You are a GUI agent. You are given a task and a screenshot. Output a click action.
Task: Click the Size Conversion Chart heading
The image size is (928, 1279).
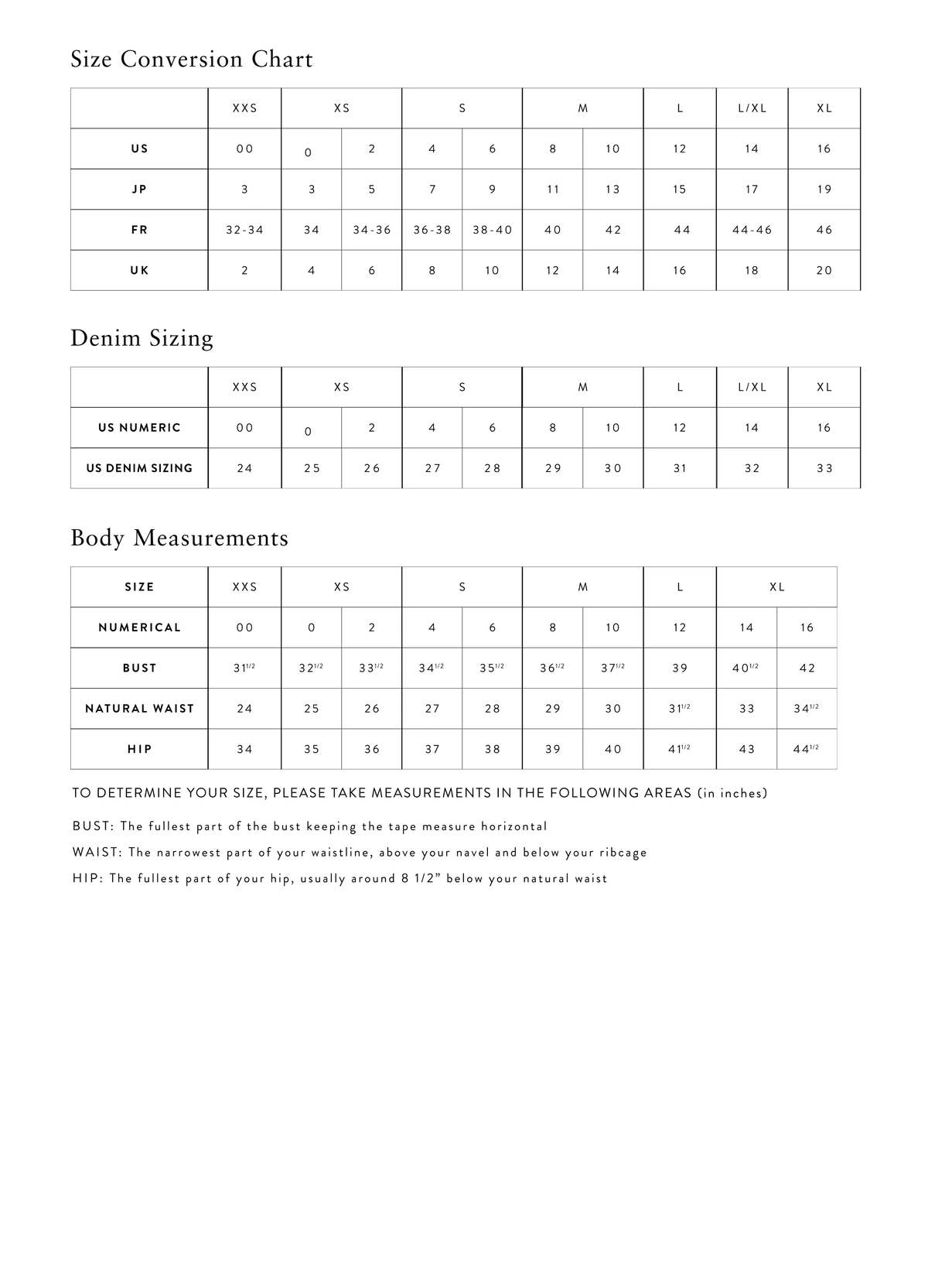tap(191, 60)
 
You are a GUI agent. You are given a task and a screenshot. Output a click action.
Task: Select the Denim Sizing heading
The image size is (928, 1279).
tap(142, 338)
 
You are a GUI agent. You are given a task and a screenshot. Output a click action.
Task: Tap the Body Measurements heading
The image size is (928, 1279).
tap(179, 538)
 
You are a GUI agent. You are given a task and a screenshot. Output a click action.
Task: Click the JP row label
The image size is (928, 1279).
tap(139, 190)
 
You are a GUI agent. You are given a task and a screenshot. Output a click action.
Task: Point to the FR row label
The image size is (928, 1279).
tap(139, 230)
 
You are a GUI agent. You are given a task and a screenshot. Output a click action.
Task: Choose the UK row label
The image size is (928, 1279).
tap(139, 270)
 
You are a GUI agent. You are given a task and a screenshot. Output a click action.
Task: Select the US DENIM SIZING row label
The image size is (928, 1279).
tap(139, 468)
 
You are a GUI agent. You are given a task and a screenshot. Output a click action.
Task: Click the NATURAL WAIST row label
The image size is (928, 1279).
tap(139, 709)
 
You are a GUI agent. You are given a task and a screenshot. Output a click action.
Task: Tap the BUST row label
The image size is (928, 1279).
tap(139, 668)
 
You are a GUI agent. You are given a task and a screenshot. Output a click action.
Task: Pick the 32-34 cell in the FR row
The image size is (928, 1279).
tap(244, 230)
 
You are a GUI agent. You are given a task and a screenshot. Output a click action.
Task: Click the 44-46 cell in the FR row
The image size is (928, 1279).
tap(752, 230)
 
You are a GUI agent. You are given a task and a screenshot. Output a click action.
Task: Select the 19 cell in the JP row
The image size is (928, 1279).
tap(824, 190)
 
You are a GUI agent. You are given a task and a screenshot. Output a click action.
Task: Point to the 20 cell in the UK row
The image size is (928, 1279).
tap(824, 270)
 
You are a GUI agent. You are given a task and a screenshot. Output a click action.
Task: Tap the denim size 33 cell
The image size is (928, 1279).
tap(824, 468)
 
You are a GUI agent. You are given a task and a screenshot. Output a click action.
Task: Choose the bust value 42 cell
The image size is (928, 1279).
tap(807, 668)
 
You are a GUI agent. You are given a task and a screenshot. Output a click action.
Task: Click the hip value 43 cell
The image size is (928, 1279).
tap(746, 749)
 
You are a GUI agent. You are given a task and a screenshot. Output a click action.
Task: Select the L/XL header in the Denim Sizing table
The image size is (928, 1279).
tap(752, 387)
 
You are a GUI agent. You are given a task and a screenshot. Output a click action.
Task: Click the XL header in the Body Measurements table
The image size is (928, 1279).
tap(776, 587)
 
